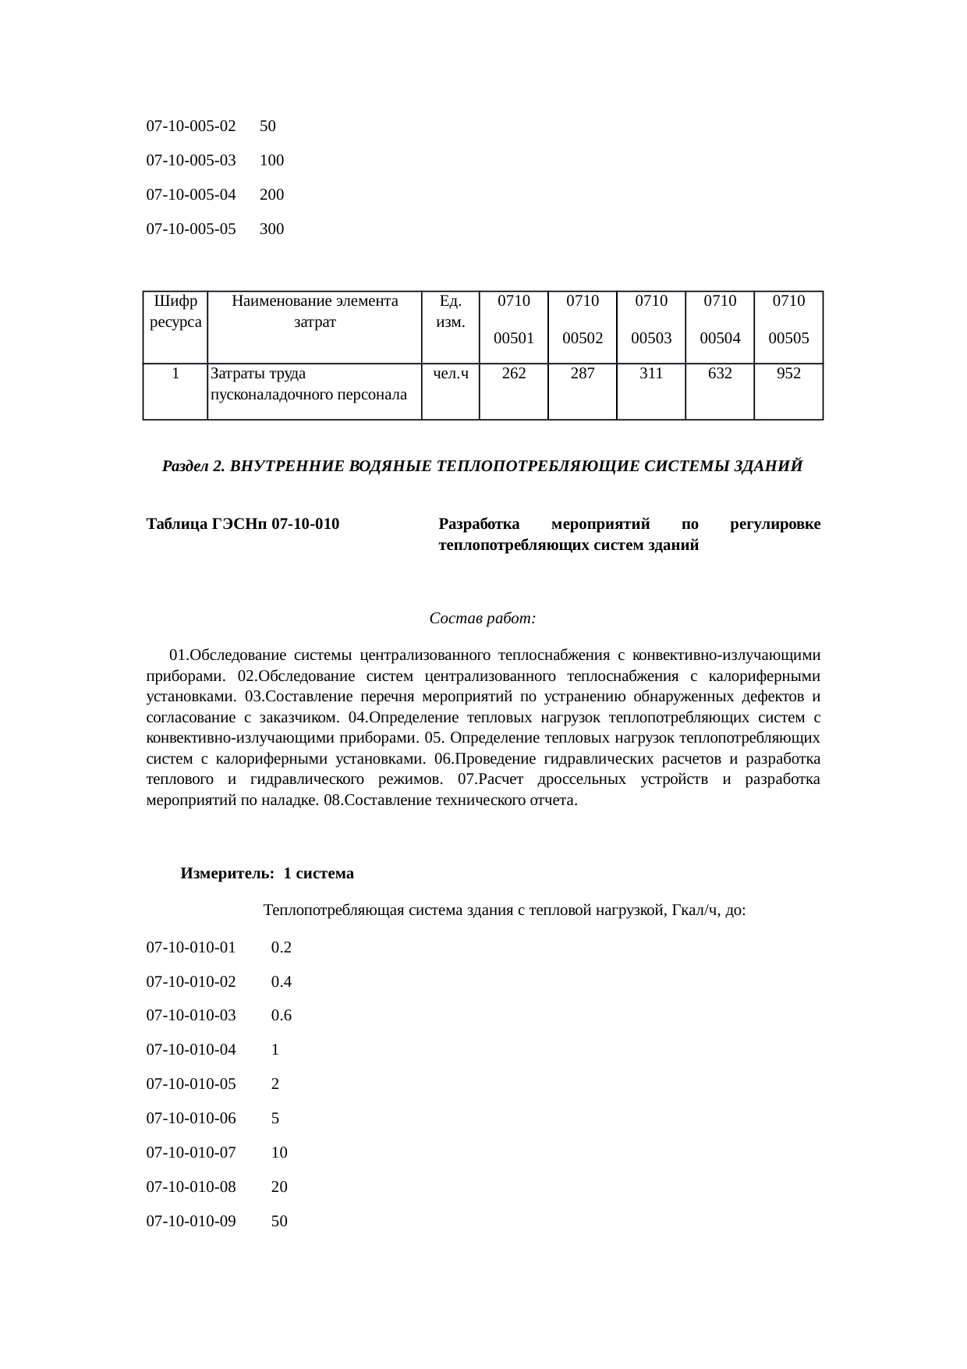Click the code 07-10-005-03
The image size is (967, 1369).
pyautogui.click(x=191, y=161)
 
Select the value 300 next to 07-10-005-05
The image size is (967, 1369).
pyautogui.click(x=271, y=229)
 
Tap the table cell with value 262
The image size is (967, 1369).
pyautogui.click(x=513, y=374)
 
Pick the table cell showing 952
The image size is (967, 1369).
pyautogui.click(x=788, y=374)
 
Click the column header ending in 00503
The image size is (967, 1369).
pyautogui.click(x=651, y=320)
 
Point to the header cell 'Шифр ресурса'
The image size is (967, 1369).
pyautogui.click(x=175, y=311)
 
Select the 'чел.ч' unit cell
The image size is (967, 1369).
pyautogui.click(x=450, y=374)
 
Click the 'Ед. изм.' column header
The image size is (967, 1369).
pyautogui.click(x=450, y=311)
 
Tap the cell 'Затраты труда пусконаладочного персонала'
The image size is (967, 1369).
pyautogui.click(x=309, y=384)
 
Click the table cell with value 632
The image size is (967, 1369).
pyautogui.click(x=720, y=374)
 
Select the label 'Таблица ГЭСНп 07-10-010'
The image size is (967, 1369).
pyautogui.click(x=243, y=524)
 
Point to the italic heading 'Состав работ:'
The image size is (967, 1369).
pyautogui.click(x=482, y=619)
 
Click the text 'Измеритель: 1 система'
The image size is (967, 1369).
pyautogui.click(x=267, y=874)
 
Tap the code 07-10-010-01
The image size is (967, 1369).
pyautogui.click(x=191, y=948)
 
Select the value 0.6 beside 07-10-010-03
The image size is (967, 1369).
pyautogui.click(x=281, y=1016)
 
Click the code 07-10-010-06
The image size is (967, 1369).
pyautogui.click(x=191, y=1119)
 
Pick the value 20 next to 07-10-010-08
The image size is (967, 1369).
pyautogui.click(x=279, y=1187)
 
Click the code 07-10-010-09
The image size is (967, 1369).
pyautogui.click(x=191, y=1222)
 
